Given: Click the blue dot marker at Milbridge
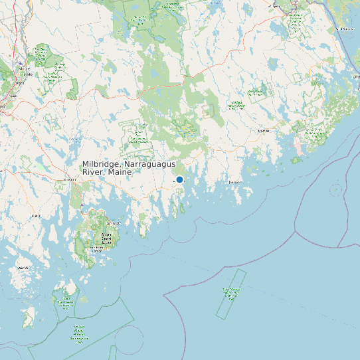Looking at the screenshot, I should [x=179, y=179].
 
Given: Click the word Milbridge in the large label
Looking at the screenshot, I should [x=102, y=165].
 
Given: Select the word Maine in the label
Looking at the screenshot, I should [x=120, y=173].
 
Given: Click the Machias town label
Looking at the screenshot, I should [x=264, y=131].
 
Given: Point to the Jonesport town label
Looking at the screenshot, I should [x=235, y=181].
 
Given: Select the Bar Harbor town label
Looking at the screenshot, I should [x=113, y=223].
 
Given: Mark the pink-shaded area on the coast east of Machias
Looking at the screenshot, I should [x=298, y=147].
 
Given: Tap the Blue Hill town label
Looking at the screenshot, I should [x=36, y=216].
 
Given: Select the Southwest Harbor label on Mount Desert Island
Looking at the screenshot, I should [x=98, y=250].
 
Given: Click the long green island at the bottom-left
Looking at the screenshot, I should [x=29, y=317].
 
